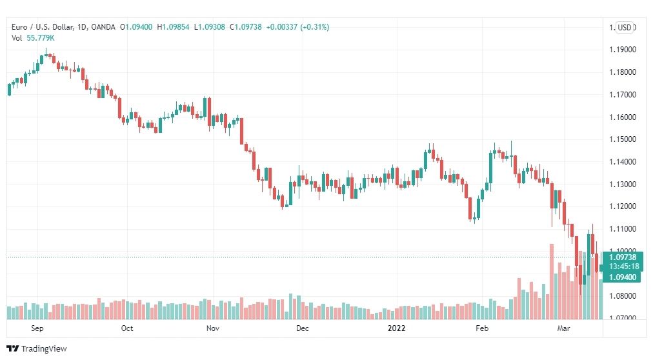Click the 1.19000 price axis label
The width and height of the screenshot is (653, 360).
(623, 50)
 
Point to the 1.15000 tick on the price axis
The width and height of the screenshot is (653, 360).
(623, 139)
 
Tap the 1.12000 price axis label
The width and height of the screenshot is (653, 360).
(623, 206)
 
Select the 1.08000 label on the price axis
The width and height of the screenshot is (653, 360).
(623, 296)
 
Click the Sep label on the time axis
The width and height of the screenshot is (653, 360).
(37, 328)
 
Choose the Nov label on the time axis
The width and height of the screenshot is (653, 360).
(213, 328)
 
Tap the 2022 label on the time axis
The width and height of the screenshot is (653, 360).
(396, 328)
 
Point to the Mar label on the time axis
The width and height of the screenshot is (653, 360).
(563, 328)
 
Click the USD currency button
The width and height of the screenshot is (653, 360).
(625, 28)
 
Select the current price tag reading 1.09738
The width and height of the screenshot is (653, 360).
(623, 257)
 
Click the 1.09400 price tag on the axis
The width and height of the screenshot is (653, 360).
(622, 277)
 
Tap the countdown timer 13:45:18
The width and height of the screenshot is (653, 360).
(623, 266)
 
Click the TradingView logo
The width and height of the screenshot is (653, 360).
(37, 349)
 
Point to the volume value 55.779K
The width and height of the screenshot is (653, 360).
(41, 38)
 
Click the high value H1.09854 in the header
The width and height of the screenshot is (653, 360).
(173, 27)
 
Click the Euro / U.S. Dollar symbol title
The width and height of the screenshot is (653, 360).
(43, 27)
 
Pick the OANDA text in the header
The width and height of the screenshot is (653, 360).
(103, 27)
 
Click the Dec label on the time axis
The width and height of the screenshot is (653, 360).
(303, 328)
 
